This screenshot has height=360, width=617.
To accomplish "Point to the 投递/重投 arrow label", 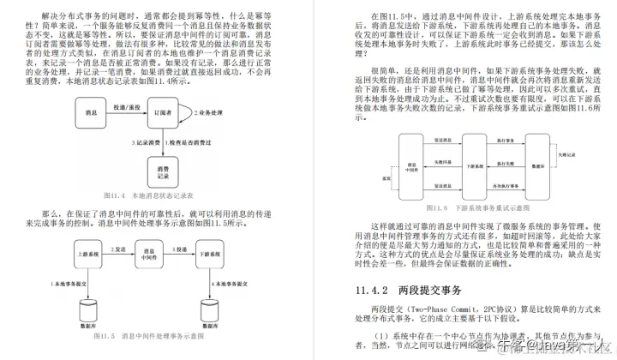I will pyautogui.click(x=126, y=105).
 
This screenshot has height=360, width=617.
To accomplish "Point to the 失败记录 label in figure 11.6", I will pyautogui.click(x=444, y=160).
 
